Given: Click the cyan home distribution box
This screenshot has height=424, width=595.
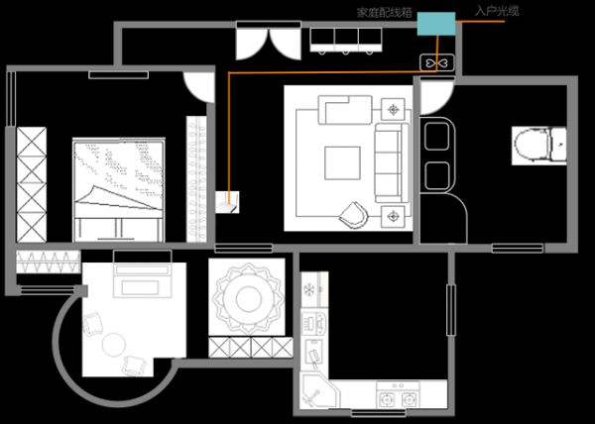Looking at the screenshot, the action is click(x=436, y=24).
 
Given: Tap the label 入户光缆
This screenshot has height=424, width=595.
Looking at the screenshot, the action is click(x=497, y=11).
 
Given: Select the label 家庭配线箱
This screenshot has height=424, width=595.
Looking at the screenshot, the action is click(x=385, y=13).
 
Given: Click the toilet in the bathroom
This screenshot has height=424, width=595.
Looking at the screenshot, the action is click(x=538, y=146).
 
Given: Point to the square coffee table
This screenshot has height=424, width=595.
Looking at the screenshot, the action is click(x=342, y=162).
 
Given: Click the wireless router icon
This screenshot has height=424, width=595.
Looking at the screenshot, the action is click(x=227, y=202).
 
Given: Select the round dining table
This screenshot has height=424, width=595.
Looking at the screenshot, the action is click(x=248, y=298).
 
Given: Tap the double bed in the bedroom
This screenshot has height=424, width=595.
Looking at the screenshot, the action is click(x=119, y=190).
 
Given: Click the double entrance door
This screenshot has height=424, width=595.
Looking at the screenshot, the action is click(x=269, y=41).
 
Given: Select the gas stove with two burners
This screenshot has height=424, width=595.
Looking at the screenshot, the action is click(x=398, y=395).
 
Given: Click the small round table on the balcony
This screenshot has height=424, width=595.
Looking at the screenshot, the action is click(x=113, y=345).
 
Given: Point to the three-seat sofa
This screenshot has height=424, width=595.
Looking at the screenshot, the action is click(x=391, y=162).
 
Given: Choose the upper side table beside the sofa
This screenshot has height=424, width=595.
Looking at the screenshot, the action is click(x=393, y=110).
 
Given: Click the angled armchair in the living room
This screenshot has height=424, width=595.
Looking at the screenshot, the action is click(x=355, y=215).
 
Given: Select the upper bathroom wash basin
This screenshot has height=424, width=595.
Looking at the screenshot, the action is click(x=436, y=136).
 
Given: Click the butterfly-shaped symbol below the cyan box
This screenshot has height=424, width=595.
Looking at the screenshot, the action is click(x=436, y=62).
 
